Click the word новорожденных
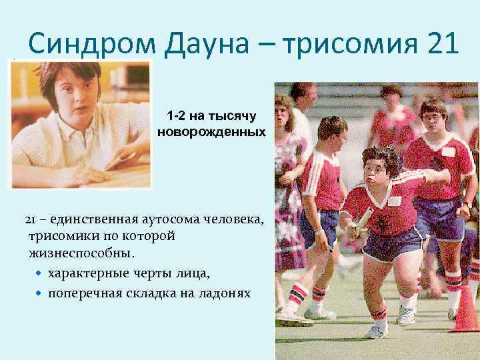tap(211, 132)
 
